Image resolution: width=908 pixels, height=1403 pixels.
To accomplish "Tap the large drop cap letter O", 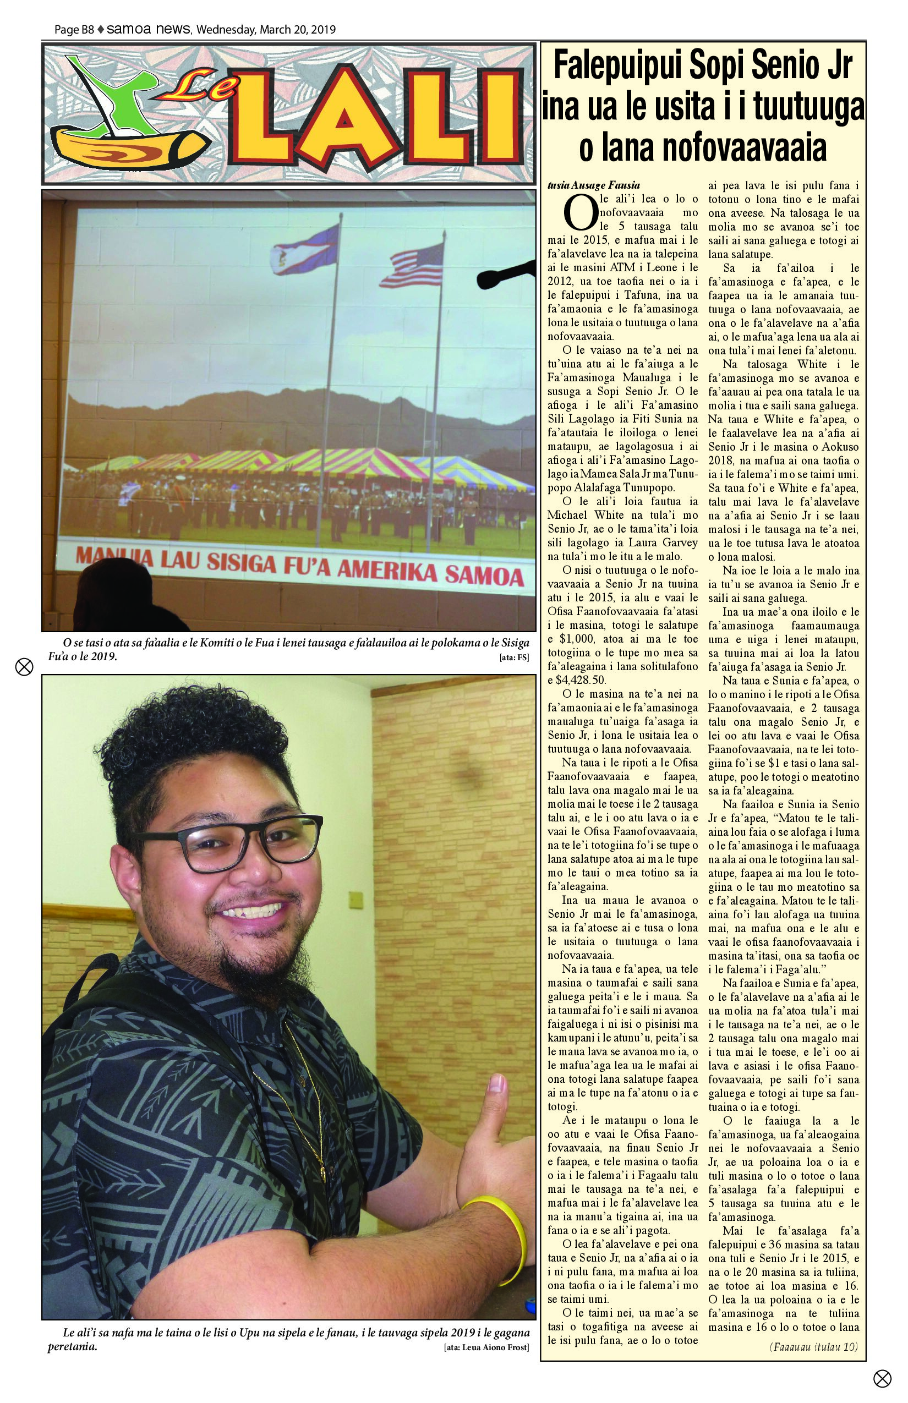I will click(580, 214).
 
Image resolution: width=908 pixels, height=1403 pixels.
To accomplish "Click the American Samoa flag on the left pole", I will click(304, 250).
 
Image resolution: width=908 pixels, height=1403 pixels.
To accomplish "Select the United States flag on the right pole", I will click(413, 265).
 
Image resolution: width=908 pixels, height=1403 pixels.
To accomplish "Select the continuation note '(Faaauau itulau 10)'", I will click(814, 1346).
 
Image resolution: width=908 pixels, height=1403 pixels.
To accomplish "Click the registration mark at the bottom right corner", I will click(882, 1378).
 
